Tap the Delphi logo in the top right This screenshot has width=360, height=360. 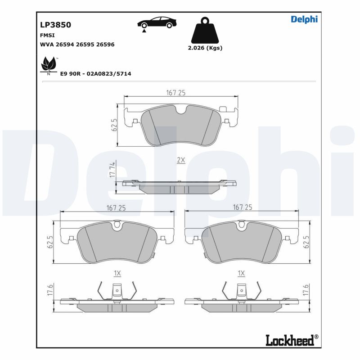point(304,19)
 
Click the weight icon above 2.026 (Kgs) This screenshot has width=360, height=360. point(205,31)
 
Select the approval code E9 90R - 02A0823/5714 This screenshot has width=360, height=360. point(95,73)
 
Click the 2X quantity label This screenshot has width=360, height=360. point(181,160)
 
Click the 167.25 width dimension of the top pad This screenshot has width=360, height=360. point(176,93)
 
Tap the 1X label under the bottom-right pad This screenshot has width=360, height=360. point(242,273)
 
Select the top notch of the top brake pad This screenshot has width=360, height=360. point(181,110)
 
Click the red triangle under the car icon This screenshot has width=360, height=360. point(144,31)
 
